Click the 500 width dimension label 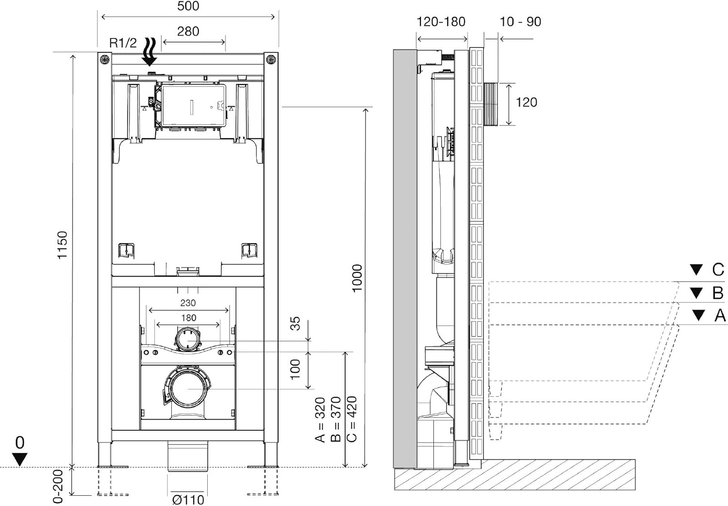pos(188,6)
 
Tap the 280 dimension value pos(188,32)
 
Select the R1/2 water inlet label pos(123,43)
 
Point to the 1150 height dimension pos(62,245)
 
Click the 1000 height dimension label pos(357,278)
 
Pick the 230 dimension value pos(188,303)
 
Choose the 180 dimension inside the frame pos(188,318)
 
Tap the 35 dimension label pos(295,324)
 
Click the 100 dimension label pos(295,369)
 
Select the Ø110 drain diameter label pos(188,500)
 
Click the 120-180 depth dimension pos(441,22)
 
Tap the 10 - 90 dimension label pos(520,22)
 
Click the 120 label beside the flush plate pos(527,102)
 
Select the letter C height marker pos(718,270)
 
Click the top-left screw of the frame pos(105,60)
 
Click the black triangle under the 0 pos(20,459)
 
